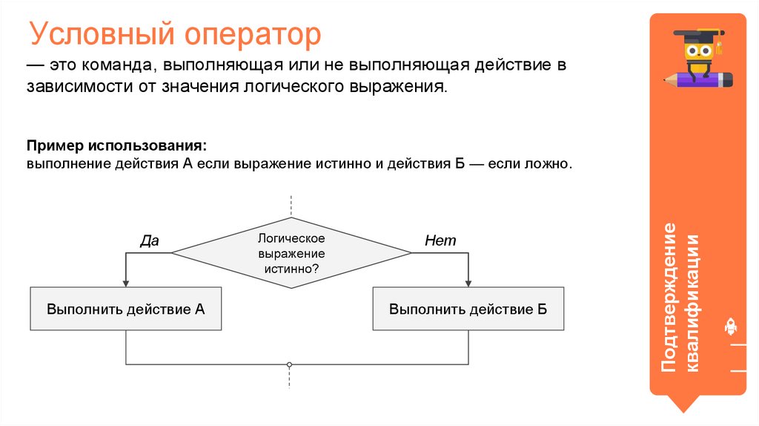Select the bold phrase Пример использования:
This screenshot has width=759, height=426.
click(x=116, y=143)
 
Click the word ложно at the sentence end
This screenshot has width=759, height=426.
click(x=548, y=163)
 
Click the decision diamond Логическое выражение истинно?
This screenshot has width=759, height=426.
click(x=291, y=253)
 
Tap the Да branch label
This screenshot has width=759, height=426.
click(x=150, y=240)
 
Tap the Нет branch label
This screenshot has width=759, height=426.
click(x=440, y=240)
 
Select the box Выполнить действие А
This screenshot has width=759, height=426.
click(x=126, y=309)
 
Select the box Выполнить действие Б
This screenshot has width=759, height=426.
click(x=468, y=309)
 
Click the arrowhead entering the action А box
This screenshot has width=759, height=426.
click(x=126, y=283)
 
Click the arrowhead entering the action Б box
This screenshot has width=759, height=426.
click(x=468, y=283)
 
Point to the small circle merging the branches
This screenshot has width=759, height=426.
click(x=290, y=364)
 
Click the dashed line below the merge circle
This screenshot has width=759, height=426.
click(x=290, y=379)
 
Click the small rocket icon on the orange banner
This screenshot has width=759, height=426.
click(x=729, y=325)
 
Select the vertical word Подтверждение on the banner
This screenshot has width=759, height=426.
click(x=670, y=297)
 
